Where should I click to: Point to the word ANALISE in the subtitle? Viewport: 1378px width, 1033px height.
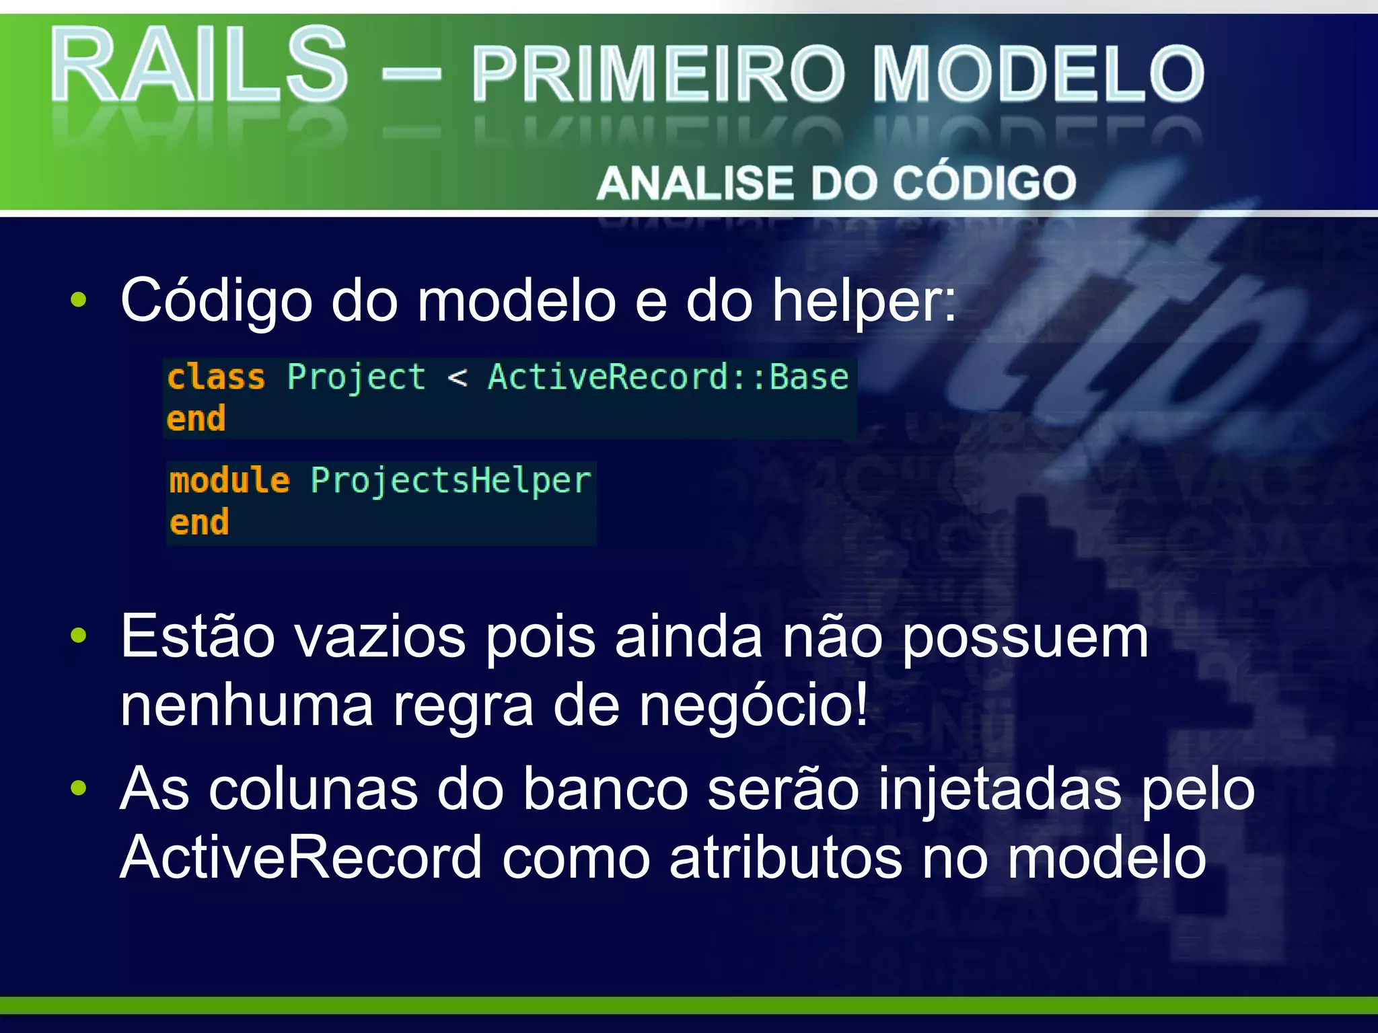pyautogui.click(x=696, y=183)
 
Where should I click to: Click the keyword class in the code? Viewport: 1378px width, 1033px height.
pyautogui.click(x=215, y=377)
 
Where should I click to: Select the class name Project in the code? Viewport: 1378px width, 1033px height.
pyautogui.click(x=356, y=377)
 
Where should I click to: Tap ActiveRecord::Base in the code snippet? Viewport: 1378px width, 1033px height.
pyautogui.click(x=667, y=377)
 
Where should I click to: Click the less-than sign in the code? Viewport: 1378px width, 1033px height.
pyautogui.click(x=457, y=378)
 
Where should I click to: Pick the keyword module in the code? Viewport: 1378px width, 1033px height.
pyautogui.click(x=229, y=481)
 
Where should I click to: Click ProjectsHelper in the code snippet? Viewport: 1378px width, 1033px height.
pyautogui.click(x=450, y=481)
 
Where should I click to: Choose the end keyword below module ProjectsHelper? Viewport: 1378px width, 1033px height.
pyautogui.click(x=199, y=523)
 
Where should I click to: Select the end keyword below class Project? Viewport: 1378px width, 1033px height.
pyautogui.click(x=196, y=418)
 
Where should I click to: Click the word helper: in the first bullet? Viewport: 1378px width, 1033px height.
pyautogui.click(x=863, y=301)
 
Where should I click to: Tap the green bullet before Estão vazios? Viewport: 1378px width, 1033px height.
pyautogui.click(x=79, y=635)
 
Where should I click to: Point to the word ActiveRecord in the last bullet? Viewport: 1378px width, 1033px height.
pyautogui.click(x=301, y=857)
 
